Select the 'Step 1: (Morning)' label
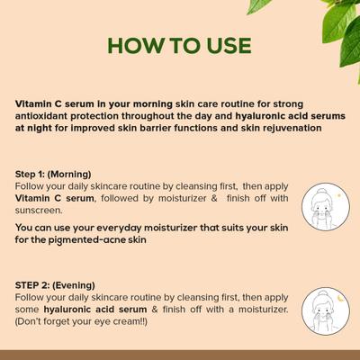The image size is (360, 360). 53,174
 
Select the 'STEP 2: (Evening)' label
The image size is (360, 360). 53,285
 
